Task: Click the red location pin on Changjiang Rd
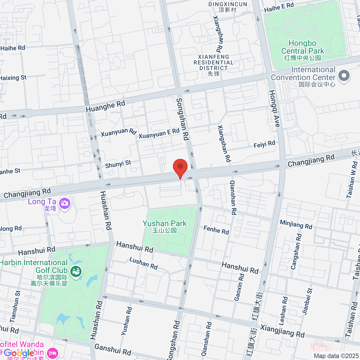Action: click(x=180, y=167)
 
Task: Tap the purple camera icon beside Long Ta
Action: click(x=64, y=203)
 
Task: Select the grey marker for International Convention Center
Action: click(x=344, y=76)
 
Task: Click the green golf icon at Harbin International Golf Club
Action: click(x=76, y=272)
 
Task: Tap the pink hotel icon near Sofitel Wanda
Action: click(x=53, y=352)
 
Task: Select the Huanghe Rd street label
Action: click(x=105, y=106)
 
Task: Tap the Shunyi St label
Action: click(x=118, y=164)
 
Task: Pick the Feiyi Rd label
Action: click(x=264, y=144)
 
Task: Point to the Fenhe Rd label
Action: click(x=216, y=230)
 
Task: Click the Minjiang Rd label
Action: click(x=296, y=224)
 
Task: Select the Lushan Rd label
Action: click(x=143, y=263)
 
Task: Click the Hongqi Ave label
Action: click(x=274, y=109)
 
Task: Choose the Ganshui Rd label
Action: click(x=112, y=349)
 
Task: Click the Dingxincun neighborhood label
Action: click(x=228, y=4)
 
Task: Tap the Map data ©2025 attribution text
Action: click(x=336, y=356)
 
